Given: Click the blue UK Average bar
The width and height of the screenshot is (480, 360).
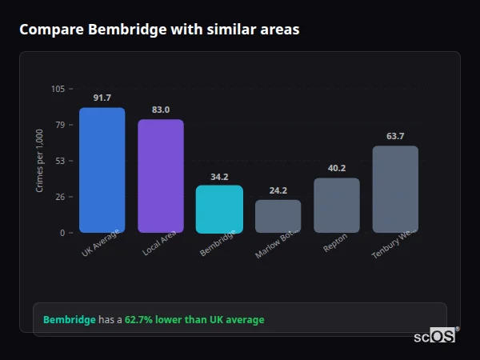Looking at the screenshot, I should point(102,170).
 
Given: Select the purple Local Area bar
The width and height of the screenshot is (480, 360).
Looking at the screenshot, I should point(161,176).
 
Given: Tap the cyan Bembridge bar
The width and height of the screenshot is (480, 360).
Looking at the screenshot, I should point(219,209).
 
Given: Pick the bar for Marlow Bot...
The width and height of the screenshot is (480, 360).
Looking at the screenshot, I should point(278,216).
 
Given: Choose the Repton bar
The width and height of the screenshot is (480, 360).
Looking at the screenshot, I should point(337,205).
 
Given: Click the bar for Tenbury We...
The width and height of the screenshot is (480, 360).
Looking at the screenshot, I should point(395,189).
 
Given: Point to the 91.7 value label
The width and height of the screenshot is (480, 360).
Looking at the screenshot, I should point(102,98).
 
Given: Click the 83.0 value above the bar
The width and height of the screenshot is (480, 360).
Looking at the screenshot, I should point(161,110).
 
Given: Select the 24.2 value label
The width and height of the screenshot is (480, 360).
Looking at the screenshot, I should point(278,190).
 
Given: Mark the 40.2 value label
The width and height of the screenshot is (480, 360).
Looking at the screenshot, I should point(337,168).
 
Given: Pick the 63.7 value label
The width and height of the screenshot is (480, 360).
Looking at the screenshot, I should point(395,136).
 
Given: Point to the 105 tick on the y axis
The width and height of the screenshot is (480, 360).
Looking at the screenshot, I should point(58,89).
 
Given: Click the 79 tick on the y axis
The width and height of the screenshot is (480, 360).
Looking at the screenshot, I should point(60,125).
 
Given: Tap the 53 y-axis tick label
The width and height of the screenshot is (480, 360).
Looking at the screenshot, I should point(60,161).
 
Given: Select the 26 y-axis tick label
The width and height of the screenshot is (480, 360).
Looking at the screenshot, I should point(60,197).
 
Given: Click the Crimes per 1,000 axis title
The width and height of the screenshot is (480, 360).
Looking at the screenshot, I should point(39,161).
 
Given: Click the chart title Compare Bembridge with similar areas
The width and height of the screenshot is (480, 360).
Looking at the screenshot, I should point(159,30).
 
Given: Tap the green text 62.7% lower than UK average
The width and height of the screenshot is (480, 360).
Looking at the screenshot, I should point(194,320).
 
